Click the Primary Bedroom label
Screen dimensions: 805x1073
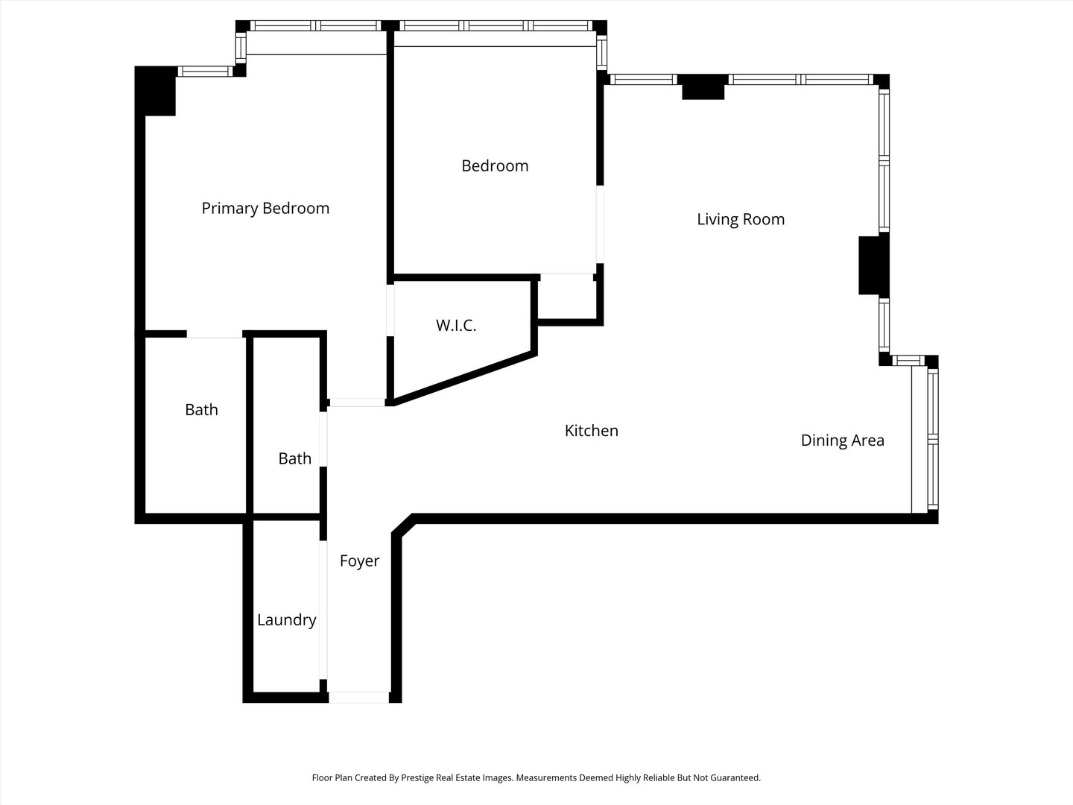(x=265, y=208)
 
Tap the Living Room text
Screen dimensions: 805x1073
(x=740, y=219)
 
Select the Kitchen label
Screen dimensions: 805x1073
(x=591, y=431)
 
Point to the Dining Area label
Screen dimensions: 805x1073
(x=842, y=441)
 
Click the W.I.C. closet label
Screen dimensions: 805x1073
(x=455, y=326)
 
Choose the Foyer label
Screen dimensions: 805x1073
(x=359, y=561)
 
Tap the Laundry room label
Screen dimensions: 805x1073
(x=286, y=620)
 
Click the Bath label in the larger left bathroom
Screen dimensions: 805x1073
(x=201, y=410)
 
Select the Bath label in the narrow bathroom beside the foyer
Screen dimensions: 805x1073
(x=294, y=458)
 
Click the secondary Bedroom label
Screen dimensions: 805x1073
(x=495, y=165)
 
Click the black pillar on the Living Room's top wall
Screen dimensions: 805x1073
(x=703, y=87)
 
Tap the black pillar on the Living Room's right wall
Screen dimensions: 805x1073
(x=870, y=265)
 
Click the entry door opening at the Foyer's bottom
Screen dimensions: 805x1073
(x=359, y=698)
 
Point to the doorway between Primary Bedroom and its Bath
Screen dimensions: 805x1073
(x=215, y=335)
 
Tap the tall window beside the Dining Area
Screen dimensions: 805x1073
(x=932, y=440)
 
